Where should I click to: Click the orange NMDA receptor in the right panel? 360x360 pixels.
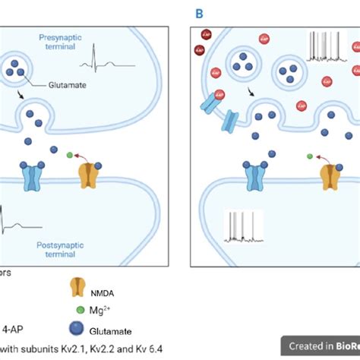coord(329,176)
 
